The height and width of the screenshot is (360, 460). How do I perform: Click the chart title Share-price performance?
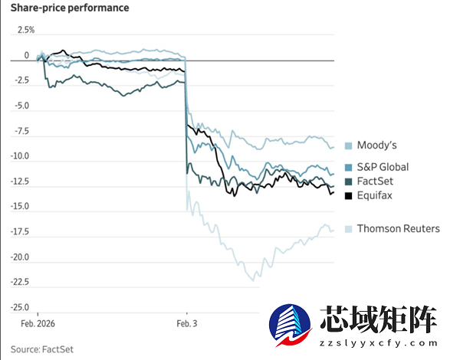[x=70, y=8]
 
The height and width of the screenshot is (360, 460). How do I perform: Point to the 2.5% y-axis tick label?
[x=26, y=30]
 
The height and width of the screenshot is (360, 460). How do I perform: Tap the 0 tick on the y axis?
[x=27, y=55]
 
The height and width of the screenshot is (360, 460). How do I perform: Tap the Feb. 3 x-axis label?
[x=187, y=325]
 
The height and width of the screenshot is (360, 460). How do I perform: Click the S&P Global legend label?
[x=383, y=167]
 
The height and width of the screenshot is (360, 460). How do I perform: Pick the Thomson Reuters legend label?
[x=399, y=228]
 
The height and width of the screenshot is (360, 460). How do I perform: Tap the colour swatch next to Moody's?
[x=349, y=146]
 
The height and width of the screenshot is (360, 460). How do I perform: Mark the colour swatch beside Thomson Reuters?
[x=349, y=228]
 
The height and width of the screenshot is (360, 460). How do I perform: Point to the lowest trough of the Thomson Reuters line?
[x=250, y=280]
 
